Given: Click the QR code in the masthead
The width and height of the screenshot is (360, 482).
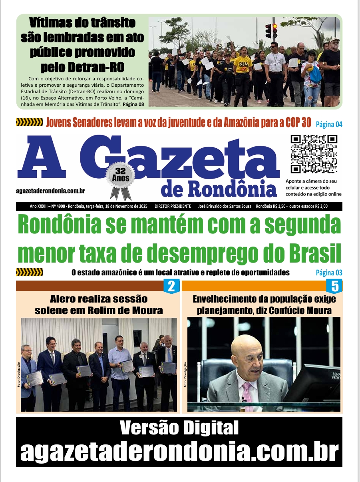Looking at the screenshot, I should coord(314,154).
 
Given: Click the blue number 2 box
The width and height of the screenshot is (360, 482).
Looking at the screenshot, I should coord(171,286).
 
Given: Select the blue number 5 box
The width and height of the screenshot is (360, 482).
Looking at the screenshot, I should coord(334,286).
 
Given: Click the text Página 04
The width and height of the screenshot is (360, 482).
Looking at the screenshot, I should coord(329,124).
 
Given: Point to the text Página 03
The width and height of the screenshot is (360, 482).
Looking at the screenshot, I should coord(329,273).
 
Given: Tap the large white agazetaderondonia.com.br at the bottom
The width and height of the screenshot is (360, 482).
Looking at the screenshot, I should coord(179,452).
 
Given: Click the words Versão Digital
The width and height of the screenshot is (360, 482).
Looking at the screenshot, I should coord(179,428).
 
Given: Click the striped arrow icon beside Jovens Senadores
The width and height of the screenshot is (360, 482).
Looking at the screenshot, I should coord(29,122).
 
